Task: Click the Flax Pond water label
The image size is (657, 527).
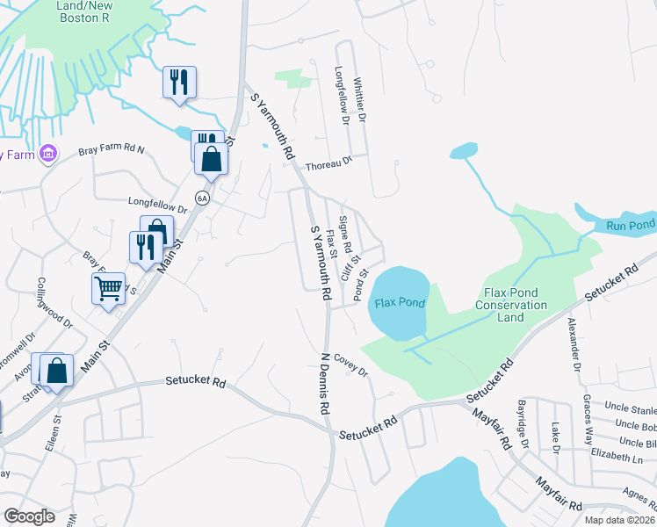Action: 400,303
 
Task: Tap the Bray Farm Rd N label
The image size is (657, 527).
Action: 111,151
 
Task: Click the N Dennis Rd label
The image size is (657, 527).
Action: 322,383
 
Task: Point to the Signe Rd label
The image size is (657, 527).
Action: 345,235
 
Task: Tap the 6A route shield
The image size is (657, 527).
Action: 203,199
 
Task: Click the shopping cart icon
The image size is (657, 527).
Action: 108,288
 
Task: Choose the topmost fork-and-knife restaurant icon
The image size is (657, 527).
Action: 179,82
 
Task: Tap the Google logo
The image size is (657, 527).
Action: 29,516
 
